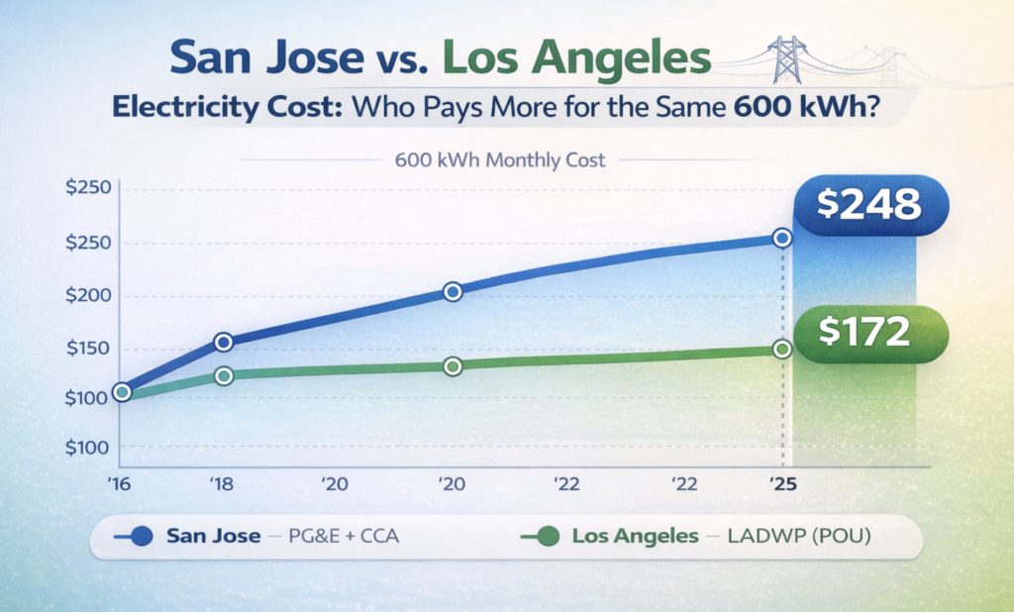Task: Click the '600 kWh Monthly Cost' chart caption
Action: pyautogui.click(x=499, y=160)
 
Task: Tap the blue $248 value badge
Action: pyautogui.click(x=870, y=205)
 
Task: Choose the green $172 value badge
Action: pyautogui.click(x=870, y=331)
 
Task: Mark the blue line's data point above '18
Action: pyautogui.click(x=224, y=342)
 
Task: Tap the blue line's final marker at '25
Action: pyautogui.click(x=782, y=238)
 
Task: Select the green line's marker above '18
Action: pyautogui.click(x=224, y=375)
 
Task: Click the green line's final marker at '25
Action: pyautogui.click(x=782, y=349)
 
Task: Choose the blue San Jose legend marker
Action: pyautogui.click(x=140, y=537)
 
